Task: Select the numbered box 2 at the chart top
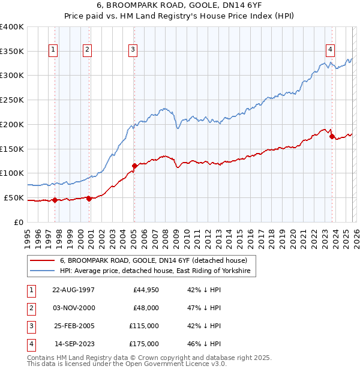(x=88, y=50)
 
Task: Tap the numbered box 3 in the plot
(x=133, y=50)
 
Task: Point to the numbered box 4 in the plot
(x=330, y=50)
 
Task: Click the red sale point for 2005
(x=134, y=166)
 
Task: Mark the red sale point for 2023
(x=332, y=137)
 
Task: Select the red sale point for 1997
(x=55, y=200)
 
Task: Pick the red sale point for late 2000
(x=89, y=199)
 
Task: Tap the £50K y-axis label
(x=14, y=197)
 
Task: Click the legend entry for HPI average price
(x=158, y=271)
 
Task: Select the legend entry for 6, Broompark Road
(x=153, y=260)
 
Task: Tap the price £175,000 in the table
(x=145, y=344)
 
